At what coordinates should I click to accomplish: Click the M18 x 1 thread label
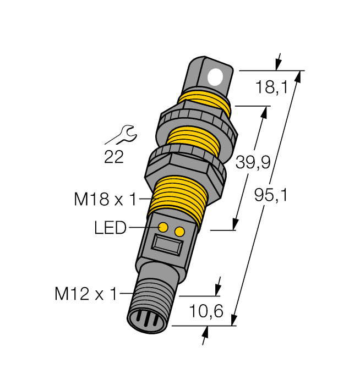point(105,199)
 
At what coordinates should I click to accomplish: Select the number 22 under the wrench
point(114,158)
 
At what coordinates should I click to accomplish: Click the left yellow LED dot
point(163,227)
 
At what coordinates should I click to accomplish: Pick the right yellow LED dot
point(179,232)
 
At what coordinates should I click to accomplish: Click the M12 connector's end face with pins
point(145,320)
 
